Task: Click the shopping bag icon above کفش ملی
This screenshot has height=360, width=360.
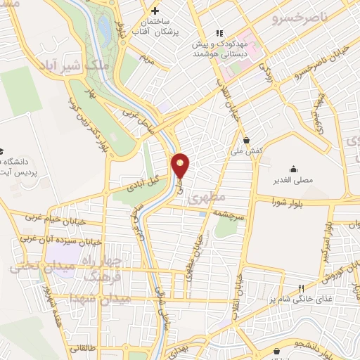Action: (247, 137)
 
